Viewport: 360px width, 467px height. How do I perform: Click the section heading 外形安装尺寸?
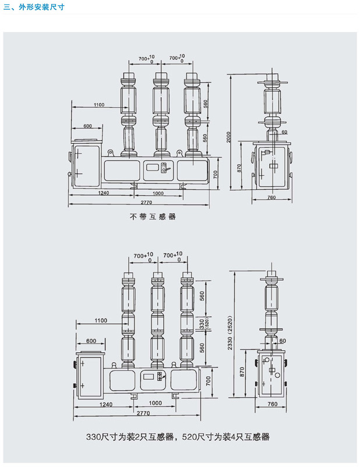[x=41, y=7]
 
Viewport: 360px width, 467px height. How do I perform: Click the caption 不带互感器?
[x=153, y=217]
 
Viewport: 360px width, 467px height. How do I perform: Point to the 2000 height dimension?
[x=228, y=137]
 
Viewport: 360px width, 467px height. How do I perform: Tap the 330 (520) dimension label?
[x=203, y=324]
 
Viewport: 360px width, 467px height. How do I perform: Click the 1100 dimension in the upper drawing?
[x=99, y=105]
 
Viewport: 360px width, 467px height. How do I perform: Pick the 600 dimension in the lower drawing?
[x=91, y=341]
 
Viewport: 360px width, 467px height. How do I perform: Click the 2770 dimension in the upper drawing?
[x=146, y=202]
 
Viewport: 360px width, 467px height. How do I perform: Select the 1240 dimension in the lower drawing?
[x=106, y=404]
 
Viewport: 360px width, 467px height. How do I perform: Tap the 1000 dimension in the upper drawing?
[x=158, y=193]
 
